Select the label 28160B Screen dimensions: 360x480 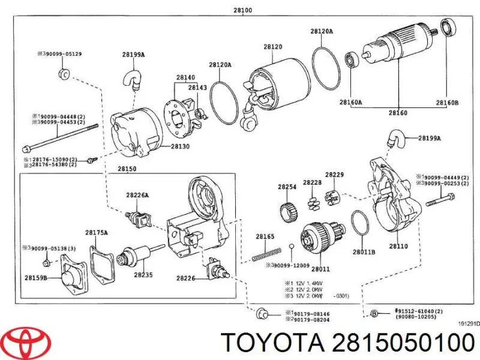pyautogui.click(x=447, y=103)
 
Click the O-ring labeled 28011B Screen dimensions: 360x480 pyautogui.click(x=359, y=223)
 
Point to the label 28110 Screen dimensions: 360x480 pyautogui.click(x=398, y=246)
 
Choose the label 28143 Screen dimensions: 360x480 pyautogui.click(x=197, y=88)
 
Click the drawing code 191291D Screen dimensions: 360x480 pyautogui.click(x=469, y=324)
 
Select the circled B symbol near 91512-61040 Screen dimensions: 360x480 pyautogui.click(x=373, y=313)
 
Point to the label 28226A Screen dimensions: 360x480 pyautogui.click(x=137, y=194)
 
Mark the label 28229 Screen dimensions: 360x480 pyautogui.click(x=334, y=174)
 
